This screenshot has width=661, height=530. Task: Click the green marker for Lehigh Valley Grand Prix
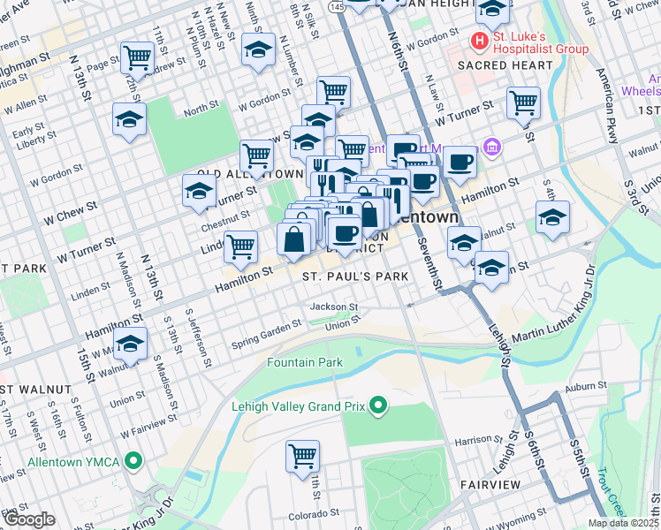click(x=379, y=406)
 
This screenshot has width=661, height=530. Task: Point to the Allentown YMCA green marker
click(x=133, y=461)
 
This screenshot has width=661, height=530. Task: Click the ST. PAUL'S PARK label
click(x=355, y=276)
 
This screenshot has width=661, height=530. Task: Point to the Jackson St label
click(x=333, y=307)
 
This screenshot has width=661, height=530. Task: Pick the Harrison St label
click(x=478, y=439)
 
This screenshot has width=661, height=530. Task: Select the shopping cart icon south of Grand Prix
click(x=302, y=457)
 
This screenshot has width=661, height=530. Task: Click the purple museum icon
click(x=493, y=146)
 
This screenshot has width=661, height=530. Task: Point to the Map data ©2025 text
click(x=623, y=523)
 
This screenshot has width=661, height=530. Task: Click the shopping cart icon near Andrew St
click(x=137, y=58)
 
